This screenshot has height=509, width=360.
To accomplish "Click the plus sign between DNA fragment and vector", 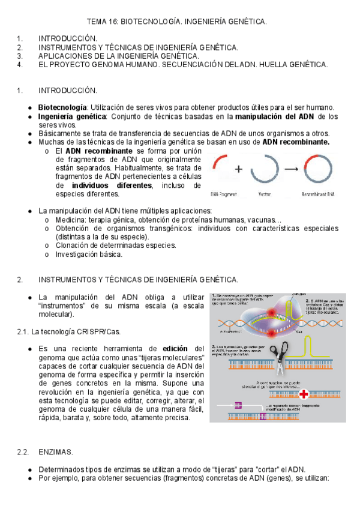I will click(x=238, y=169).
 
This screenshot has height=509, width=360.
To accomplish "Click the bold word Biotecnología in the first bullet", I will click(x=62, y=107).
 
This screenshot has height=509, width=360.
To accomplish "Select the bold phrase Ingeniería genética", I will click(x=64, y=116).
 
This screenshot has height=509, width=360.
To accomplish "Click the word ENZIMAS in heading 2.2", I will click(x=55, y=451).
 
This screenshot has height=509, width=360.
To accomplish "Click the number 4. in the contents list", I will click(x=20, y=64).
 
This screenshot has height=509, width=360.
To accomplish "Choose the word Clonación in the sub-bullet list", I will click(x=72, y=245).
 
